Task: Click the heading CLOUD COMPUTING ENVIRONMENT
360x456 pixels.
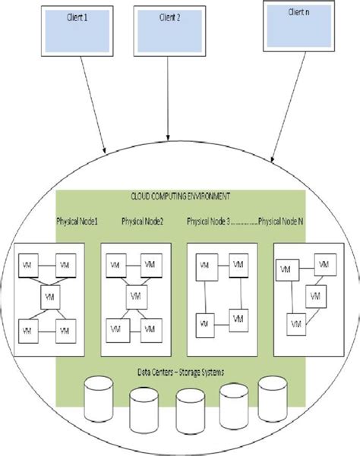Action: click(180, 196)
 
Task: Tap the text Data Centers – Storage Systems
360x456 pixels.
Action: click(180, 373)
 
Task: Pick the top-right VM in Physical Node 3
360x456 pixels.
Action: click(238, 265)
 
